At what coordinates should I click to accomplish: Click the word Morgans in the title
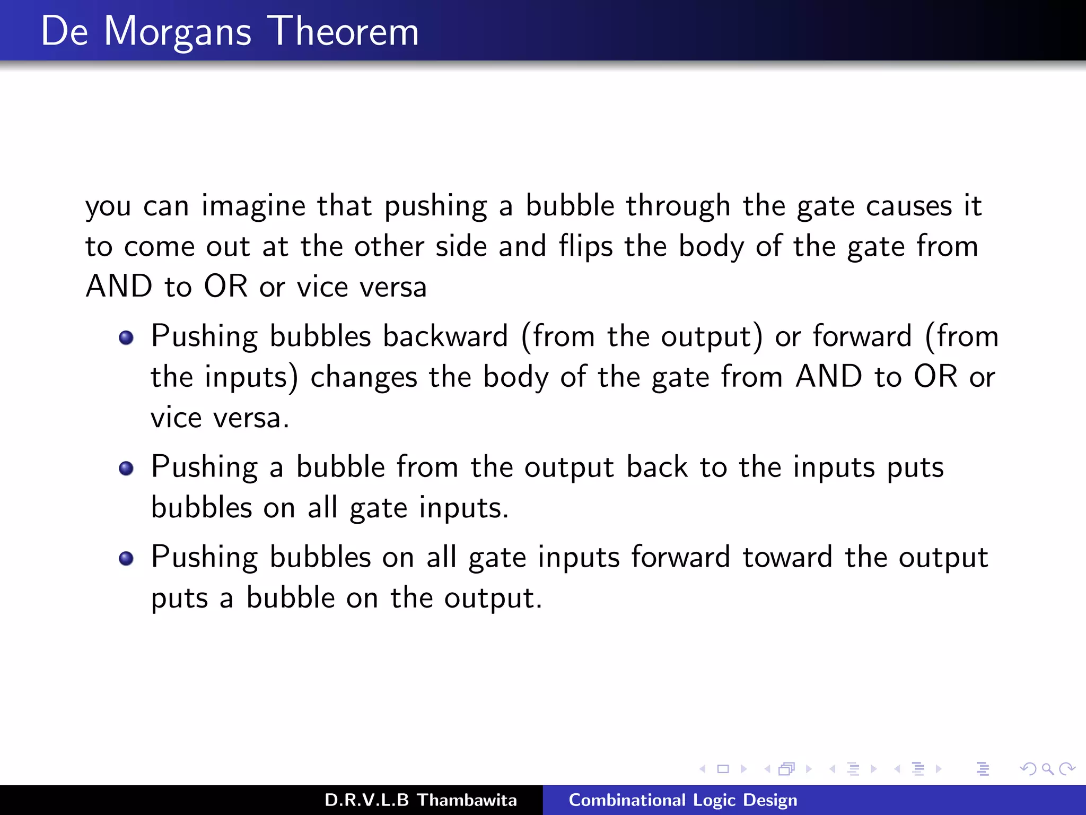[177, 33]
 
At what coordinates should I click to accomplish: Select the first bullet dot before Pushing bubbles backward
[126, 338]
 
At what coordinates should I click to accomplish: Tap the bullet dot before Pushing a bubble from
[126, 469]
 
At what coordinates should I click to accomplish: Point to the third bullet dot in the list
[126, 559]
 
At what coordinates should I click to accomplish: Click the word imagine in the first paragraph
[253, 207]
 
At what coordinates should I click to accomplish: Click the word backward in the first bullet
[445, 337]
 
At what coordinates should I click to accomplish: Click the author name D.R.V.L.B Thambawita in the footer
[420, 800]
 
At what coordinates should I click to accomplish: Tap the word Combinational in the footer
[626, 800]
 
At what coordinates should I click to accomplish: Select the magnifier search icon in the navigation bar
[1047, 769]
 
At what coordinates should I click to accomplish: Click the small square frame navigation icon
[723, 769]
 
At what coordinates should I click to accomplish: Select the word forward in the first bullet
[862, 337]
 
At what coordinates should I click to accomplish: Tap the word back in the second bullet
[656, 467]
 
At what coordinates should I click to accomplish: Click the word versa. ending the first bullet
[251, 418]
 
